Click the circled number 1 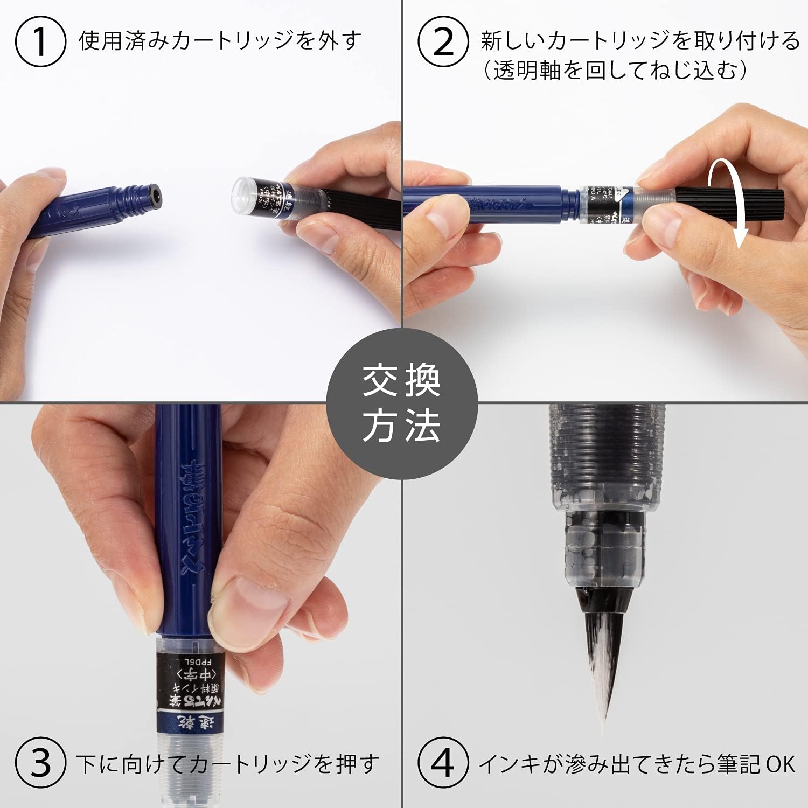pos(40,41)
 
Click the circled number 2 pos(443,41)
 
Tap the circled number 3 pos(40,763)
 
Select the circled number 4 pos(443,763)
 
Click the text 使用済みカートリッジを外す pos(220,41)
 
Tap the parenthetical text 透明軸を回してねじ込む pos(614,71)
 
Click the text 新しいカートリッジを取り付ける pos(640,41)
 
